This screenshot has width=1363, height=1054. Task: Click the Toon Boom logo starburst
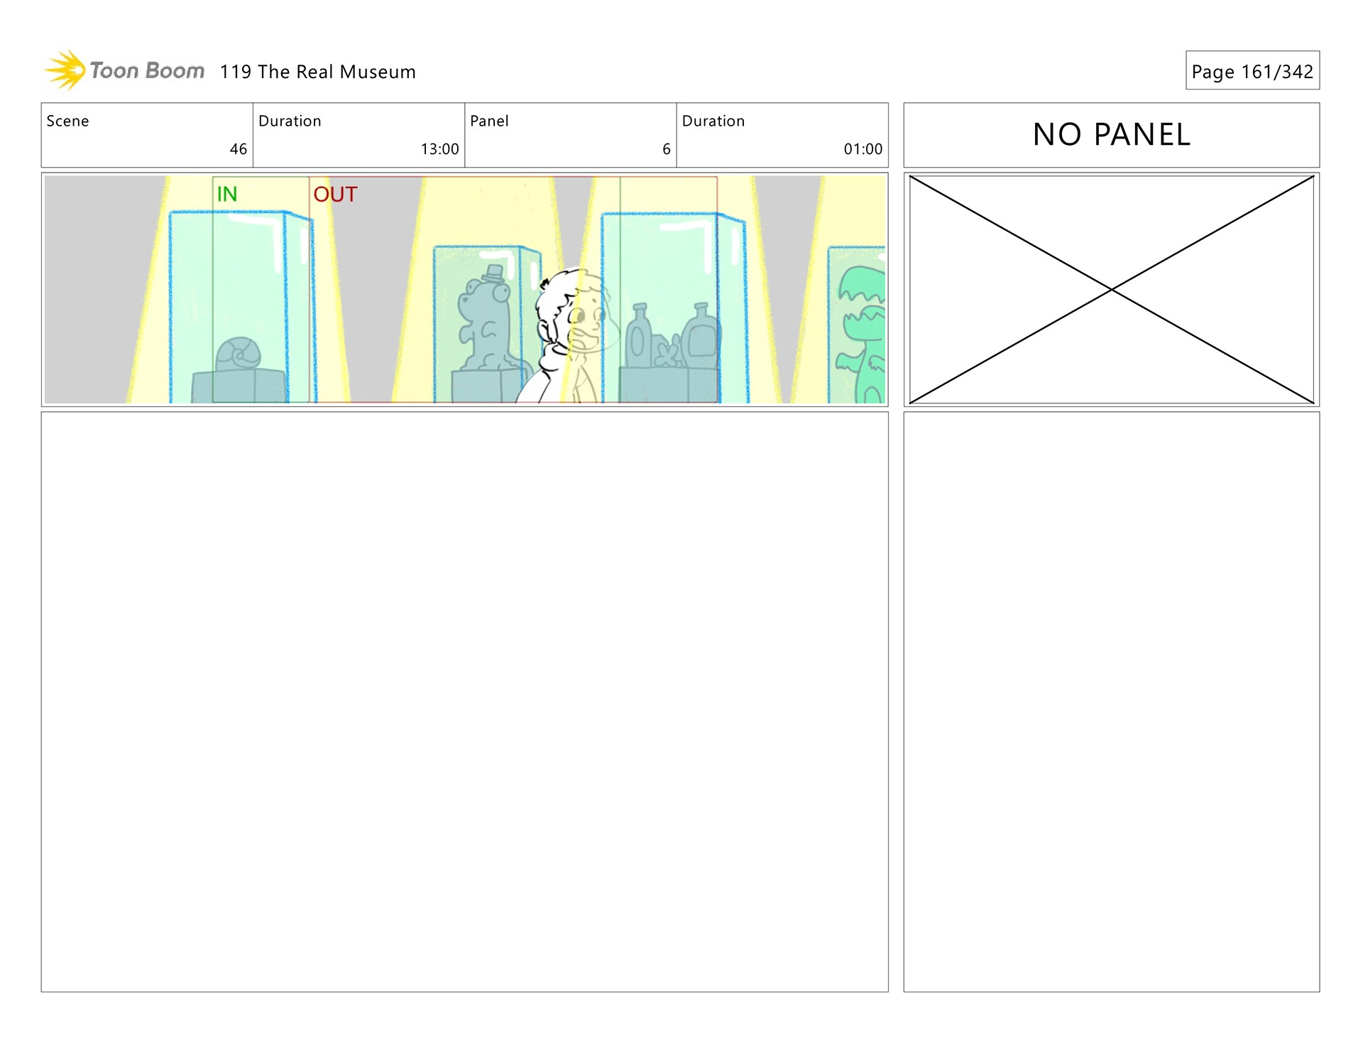pos(66,70)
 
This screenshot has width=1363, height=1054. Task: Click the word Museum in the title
pos(377,72)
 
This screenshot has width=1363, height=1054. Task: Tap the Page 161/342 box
pos(1252,71)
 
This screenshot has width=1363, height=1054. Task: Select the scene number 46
pos(238,149)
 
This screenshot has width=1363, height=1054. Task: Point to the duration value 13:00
pos(439,149)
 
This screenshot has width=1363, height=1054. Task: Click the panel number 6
pos(666,149)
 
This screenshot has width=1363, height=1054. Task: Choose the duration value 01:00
pos(863,149)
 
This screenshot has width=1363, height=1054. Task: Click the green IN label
pos(227,194)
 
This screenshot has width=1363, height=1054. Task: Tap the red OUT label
pos(335,194)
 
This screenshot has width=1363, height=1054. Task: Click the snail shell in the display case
pos(239,354)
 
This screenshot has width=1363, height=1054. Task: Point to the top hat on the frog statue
pos(494,273)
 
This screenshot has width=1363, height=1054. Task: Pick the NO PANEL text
pos(1111,134)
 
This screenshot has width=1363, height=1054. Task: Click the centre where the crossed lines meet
pos(1112,290)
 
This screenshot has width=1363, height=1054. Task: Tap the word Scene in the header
pos(67,121)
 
